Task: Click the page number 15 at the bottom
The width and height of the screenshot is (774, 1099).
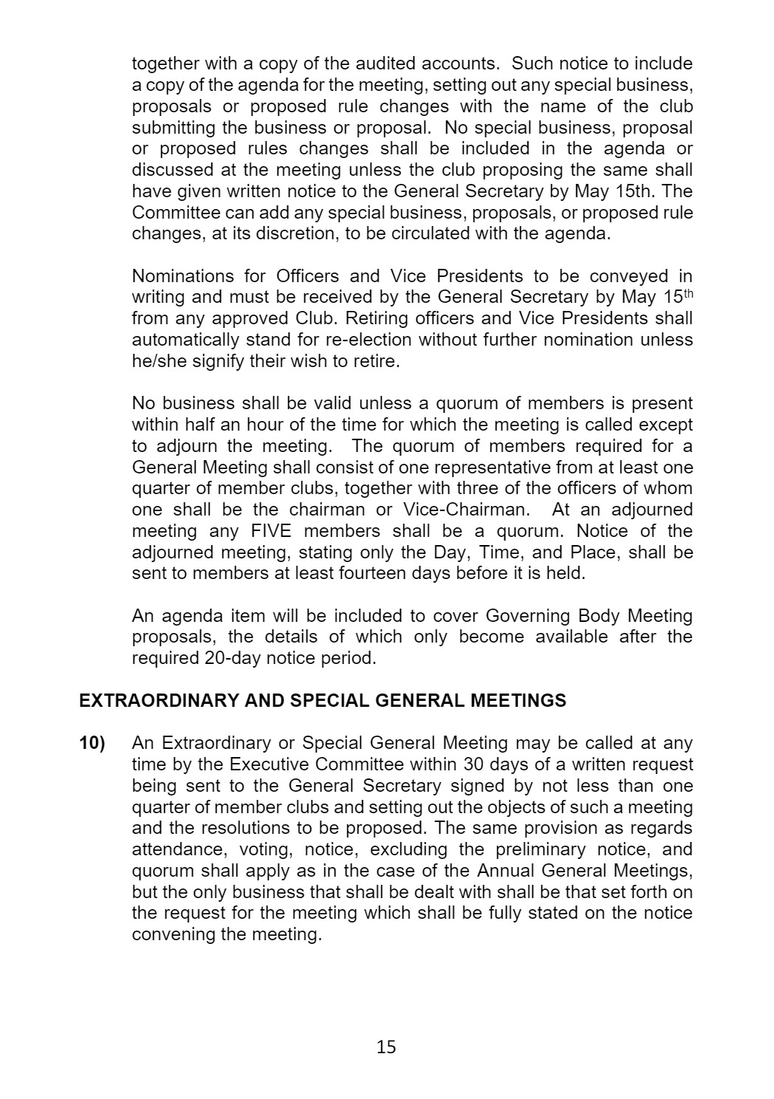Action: click(x=386, y=1046)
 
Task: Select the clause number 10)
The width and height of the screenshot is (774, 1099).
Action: click(x=92, y=743)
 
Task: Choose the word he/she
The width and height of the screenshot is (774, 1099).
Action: click(x=159, y=361)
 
